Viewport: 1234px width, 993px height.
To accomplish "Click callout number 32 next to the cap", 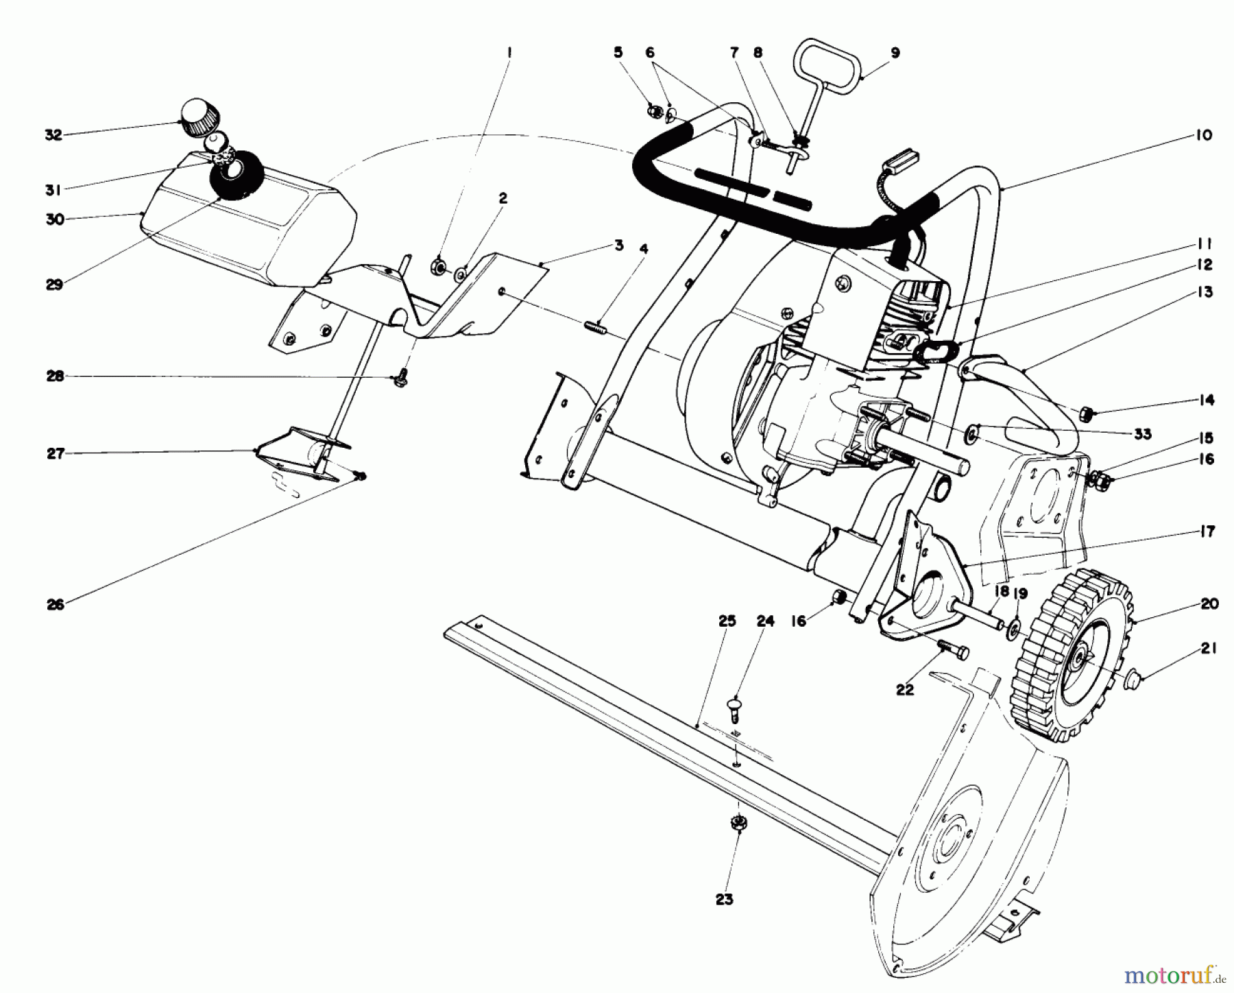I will click(53, 135).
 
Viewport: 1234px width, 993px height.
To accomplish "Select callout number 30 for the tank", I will click(56, 219).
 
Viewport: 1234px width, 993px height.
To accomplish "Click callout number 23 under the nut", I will click(725, 899).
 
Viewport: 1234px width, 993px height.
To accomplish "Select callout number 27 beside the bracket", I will click(56, 453).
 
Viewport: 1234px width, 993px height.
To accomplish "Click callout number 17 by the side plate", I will click(1207, 531).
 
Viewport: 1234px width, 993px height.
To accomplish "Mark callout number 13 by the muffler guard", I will click(1205, 292).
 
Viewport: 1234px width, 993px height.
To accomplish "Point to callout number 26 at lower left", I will click(56, 604).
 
